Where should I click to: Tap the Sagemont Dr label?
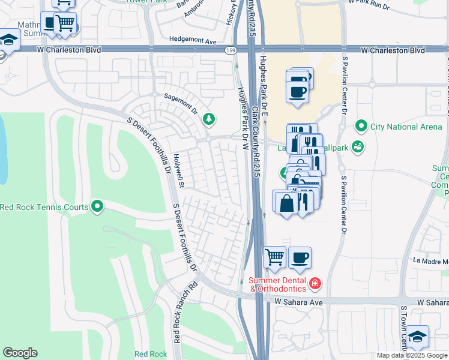(181, 95)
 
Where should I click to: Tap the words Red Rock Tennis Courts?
(46, 208)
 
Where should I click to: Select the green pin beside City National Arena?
(361, 127)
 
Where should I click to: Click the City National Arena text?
(402, 127)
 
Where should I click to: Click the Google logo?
(20, 353)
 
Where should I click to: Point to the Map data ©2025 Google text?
(412, 355)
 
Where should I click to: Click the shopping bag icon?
(286, 202)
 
